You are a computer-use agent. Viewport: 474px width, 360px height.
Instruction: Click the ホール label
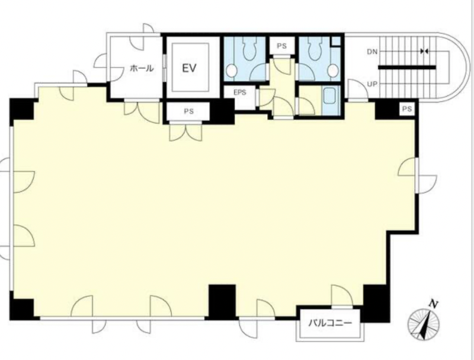point(142,68)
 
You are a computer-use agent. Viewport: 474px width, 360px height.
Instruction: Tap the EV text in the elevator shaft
point(190,68)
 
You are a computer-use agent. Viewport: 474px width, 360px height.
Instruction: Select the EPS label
point(240,93)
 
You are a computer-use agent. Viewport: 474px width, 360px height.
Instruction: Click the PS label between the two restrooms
point(282,46)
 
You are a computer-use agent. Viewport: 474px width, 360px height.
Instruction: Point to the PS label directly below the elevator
point(189,111)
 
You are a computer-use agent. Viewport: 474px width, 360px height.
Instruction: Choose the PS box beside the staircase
point(407,109)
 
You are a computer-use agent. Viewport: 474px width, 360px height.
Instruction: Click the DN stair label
point(373,52)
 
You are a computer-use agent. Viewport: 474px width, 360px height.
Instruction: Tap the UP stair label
point(372,84)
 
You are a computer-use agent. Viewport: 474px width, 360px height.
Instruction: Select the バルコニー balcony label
point(330,323)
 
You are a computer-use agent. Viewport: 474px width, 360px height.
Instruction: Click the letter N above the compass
point(434,304)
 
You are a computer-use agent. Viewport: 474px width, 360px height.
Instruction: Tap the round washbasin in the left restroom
point(231,71)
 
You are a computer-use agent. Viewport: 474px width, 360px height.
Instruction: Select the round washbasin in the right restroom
point(333,71)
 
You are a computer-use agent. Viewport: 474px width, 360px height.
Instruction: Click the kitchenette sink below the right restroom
point(331,96)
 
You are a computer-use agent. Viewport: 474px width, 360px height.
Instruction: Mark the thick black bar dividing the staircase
point(407,68)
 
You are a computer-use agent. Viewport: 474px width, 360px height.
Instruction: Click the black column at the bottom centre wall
point(222,302)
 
